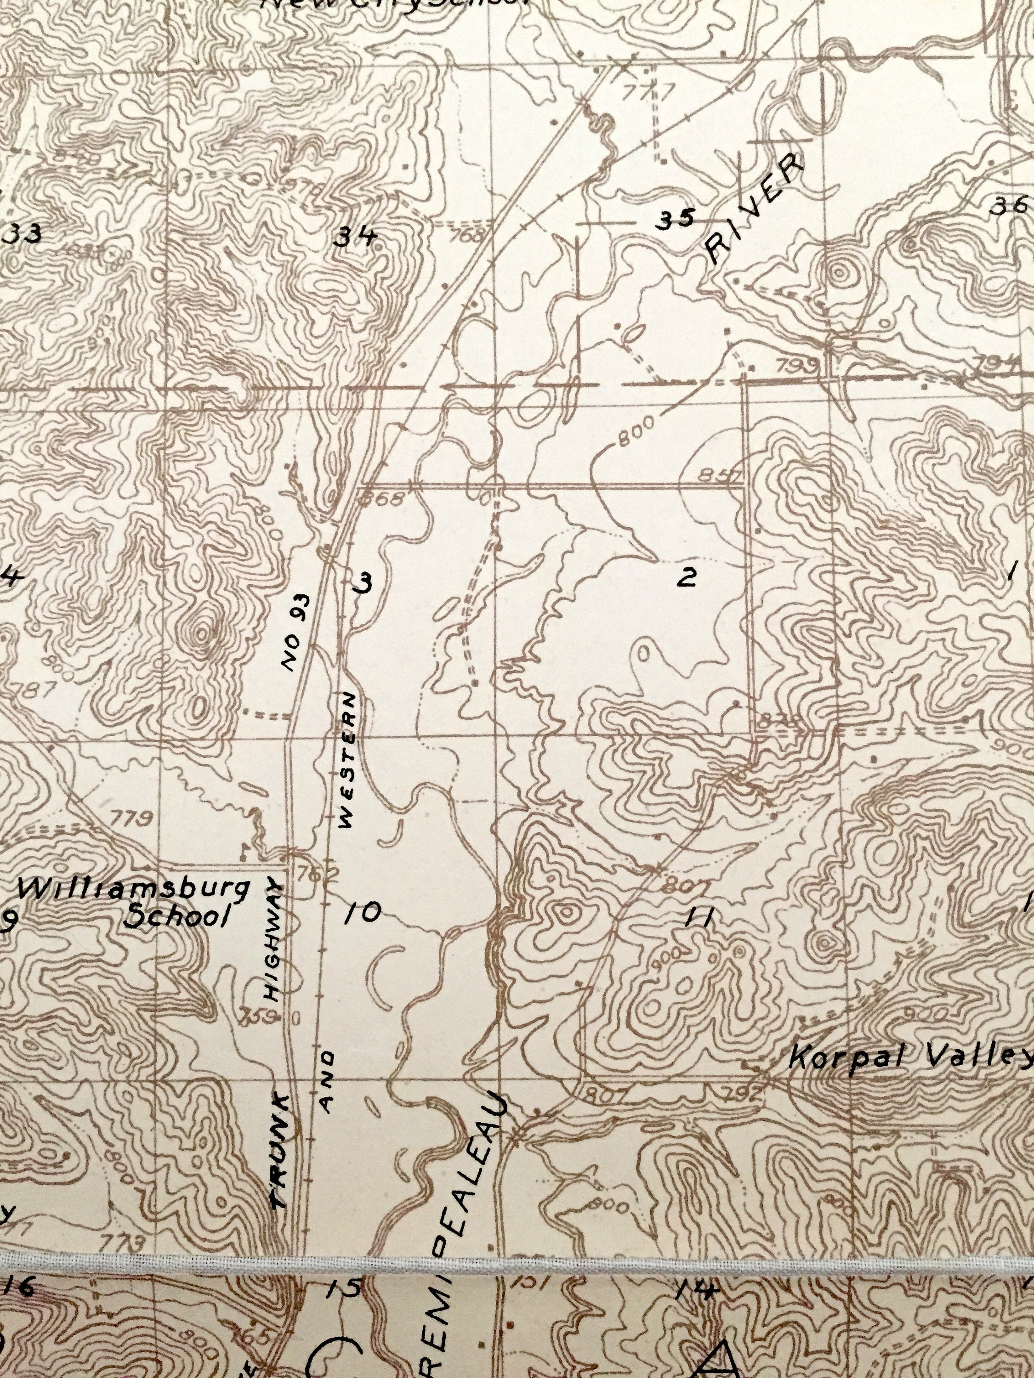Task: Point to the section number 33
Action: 24,235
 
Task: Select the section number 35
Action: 677,219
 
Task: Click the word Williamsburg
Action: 133,890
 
